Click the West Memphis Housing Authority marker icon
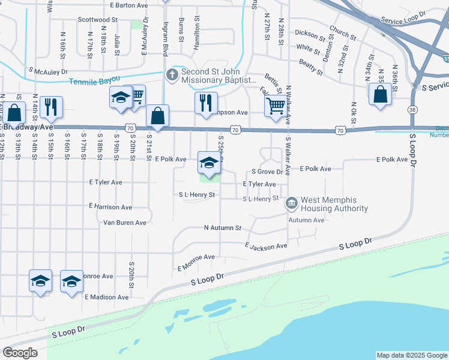(x=292, y=204)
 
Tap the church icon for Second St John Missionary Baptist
(x=172, y=75)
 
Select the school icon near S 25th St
(x=209, y=163)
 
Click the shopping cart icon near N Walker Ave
(x=275, y=106)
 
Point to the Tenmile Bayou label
(x=94, y=81)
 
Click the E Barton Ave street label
(x=129, y=4)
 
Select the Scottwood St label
(x=98, y=20)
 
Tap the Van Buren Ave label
(x=125, y=223)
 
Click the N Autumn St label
(x=222, y=228)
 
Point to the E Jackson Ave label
(x=266, y=246)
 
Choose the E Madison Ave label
(x=106, y=297)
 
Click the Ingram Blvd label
(x=164, y=36)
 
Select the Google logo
(x=20, y=353)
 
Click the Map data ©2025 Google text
(x=411, y=355)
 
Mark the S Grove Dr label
(x=263, y=172)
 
